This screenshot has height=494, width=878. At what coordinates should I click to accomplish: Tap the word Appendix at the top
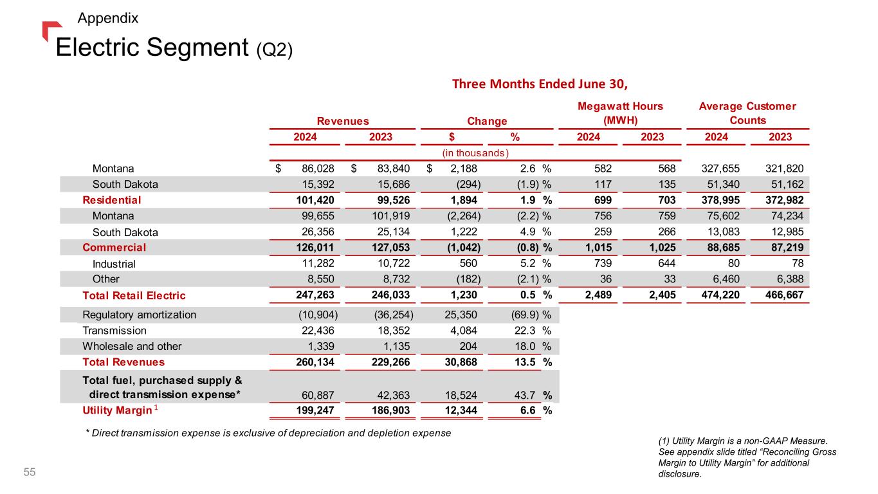107,18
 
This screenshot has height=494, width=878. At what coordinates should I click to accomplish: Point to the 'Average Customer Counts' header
747,113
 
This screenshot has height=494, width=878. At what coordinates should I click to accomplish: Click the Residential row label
111,200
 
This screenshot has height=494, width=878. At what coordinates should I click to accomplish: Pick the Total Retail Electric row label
134,296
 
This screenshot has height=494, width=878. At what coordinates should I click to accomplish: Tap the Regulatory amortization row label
139,315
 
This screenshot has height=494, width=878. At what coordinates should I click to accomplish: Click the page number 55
30,473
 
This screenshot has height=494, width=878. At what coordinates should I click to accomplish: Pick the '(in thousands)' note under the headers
475,152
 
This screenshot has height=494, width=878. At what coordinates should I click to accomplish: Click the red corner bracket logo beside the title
51,30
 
